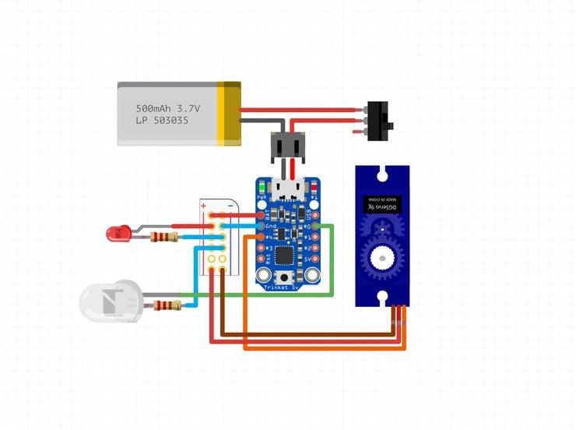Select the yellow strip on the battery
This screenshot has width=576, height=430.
point(231,113)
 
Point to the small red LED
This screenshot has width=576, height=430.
point(118,232)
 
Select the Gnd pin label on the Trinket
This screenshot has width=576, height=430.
point(271,227)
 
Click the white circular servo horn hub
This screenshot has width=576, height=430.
point(381,256)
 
